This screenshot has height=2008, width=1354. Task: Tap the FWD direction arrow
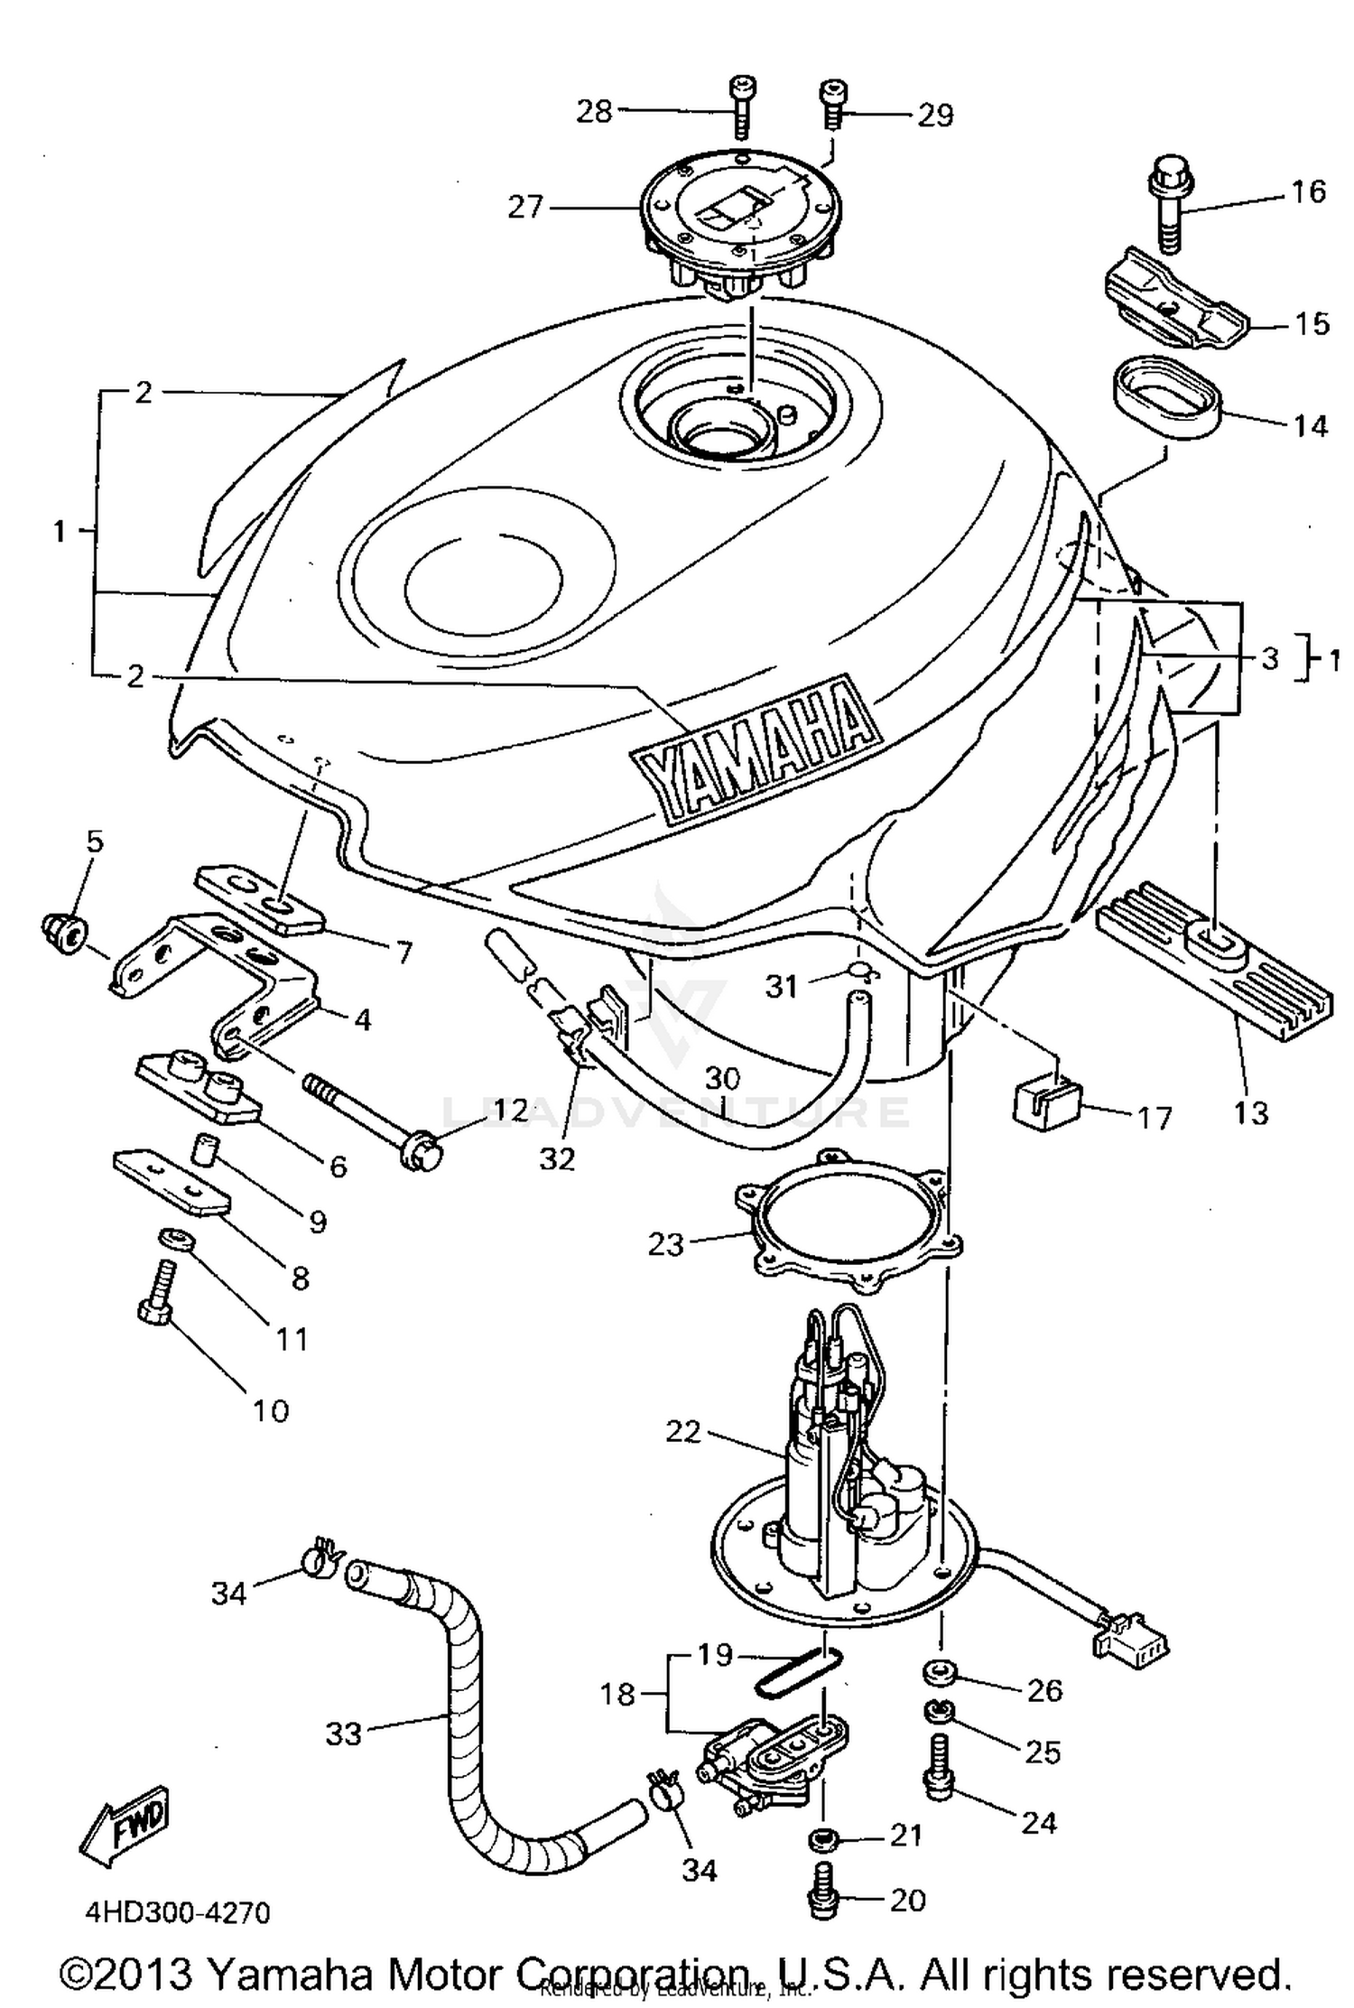(125, 1827)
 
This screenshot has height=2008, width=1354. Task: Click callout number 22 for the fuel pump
(682, 1431)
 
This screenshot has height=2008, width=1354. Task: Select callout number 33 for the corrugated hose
(344, 1734)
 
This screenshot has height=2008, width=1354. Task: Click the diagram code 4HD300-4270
(177, 1912)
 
